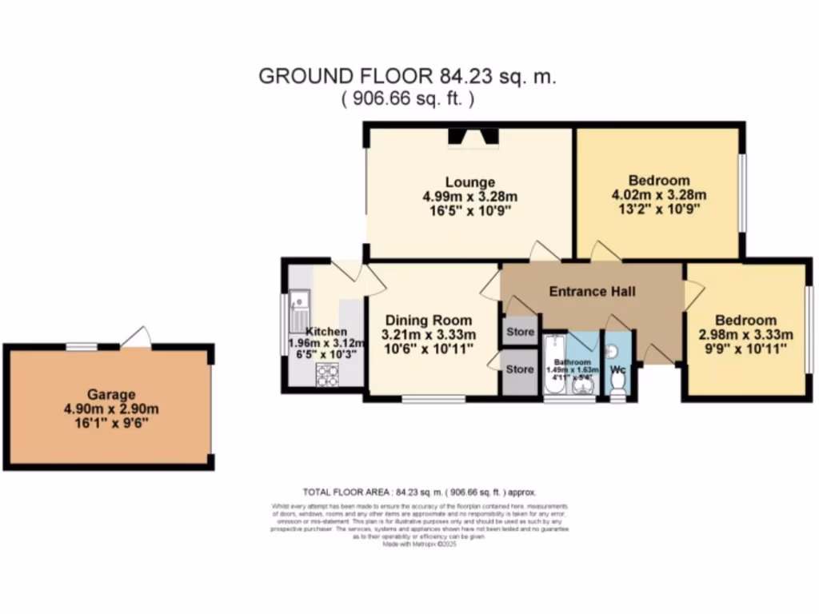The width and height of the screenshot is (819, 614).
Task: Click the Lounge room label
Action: point(470,182)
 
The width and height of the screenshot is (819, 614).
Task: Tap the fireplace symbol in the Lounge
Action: point(472,138)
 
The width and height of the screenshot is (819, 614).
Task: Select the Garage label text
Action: point(112,394)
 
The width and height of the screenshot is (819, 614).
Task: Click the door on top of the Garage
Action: point(136,340)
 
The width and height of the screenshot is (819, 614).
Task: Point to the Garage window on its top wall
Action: point(81,346)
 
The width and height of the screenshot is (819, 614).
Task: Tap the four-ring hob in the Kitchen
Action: point(327,373)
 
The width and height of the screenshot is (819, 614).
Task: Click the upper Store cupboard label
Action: point(519,331)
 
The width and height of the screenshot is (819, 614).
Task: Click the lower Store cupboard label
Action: point(519,369)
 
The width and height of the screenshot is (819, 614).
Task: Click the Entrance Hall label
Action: point(592,291)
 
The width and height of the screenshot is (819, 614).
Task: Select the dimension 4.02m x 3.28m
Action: point(658,195)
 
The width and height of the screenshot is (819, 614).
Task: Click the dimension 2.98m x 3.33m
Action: point(745,334)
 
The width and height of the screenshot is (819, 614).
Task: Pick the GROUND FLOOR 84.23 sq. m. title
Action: point(407,77)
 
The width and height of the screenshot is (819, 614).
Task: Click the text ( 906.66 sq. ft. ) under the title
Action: point(408,99)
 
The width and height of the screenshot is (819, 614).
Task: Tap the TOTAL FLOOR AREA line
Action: point(419,492)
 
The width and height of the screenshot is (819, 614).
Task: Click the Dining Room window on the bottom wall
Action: point(433,398)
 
